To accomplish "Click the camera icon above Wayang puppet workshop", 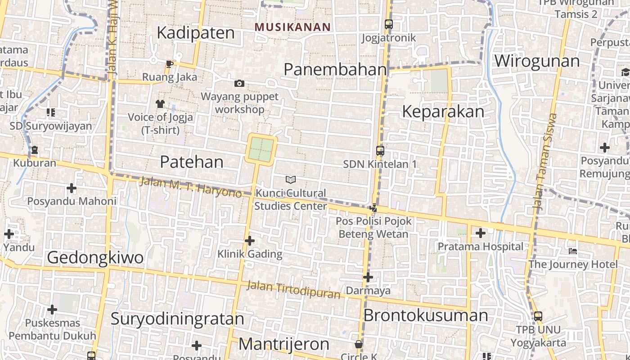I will pos(239,83).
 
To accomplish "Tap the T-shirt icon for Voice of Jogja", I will pos(160,104).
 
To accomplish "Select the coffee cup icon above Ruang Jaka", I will pos(170,64).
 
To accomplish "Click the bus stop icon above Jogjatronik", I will pos(389,24).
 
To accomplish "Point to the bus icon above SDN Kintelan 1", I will pos(380,151).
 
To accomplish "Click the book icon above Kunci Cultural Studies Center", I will pos(291,180).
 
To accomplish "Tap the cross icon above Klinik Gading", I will pos(250,241).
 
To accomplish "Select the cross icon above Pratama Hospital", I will pos(481,233).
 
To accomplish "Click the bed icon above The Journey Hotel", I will pos(573,251).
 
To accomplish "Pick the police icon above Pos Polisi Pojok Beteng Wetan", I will pos(373,208).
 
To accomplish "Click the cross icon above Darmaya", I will pos(368,277).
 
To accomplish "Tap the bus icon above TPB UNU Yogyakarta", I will pos(538,316).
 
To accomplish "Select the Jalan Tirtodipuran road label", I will pos(293,290).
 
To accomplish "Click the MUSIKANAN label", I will pos(292,27).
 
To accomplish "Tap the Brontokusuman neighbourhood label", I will pos(425,315).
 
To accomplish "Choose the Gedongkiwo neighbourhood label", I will pos(95,257).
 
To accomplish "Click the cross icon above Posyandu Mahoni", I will pos(72,188).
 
